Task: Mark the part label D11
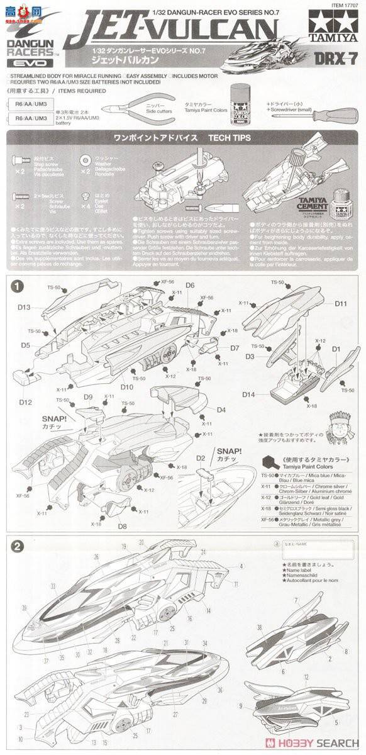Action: (341, 304)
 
